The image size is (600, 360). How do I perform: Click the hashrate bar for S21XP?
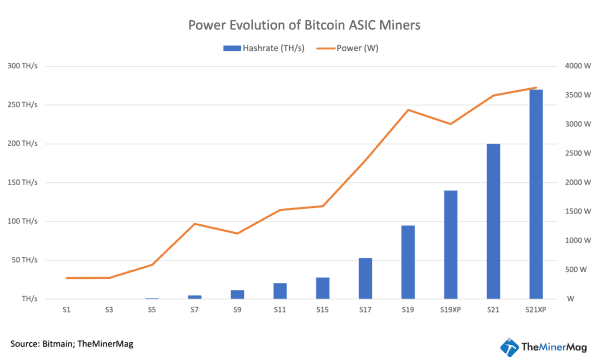(536, 194)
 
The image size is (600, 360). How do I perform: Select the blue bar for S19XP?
(450, 244)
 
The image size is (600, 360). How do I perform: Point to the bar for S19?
(408, 262)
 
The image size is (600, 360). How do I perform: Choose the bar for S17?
(365, 278)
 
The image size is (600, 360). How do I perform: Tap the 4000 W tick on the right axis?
(577, 66)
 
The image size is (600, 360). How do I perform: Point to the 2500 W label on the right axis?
(577, 153)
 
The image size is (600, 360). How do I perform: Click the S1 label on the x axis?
(66, 312)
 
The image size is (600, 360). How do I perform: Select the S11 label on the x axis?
(280, 312)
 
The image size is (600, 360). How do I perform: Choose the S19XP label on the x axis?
(450, 312)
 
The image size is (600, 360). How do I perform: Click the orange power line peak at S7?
(194, 224)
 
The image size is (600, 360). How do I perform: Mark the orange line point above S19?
(408, 110)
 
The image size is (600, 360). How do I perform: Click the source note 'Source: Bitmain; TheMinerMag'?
(72, 343)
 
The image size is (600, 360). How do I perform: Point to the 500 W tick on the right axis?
(576, 270)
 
